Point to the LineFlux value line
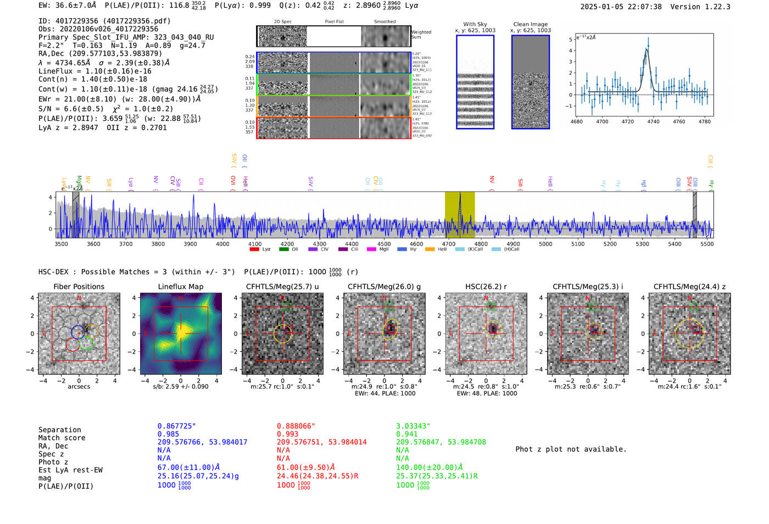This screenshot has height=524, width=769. pos(95,71)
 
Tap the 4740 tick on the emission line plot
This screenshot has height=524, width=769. pos(653,122)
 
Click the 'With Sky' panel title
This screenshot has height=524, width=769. pos(475,24)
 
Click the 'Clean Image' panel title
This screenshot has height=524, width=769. pos(530,24)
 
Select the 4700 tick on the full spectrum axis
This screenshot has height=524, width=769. pos(449,244)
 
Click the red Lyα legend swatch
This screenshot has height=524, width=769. pos(254,249)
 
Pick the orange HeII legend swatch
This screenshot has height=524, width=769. pos(430,249)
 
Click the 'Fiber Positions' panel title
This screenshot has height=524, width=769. pos(79,286)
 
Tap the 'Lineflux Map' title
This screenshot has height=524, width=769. pos(180,286)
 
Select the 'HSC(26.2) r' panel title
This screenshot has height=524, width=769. pos(486,286)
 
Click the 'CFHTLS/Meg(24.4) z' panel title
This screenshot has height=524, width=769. pos(689,286)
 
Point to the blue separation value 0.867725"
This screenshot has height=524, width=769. pos(176,426)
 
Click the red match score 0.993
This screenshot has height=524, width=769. pos(288,434)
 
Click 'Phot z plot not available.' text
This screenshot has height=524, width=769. pos(571,449)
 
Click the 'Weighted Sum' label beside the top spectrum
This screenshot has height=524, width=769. pos(421,35)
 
